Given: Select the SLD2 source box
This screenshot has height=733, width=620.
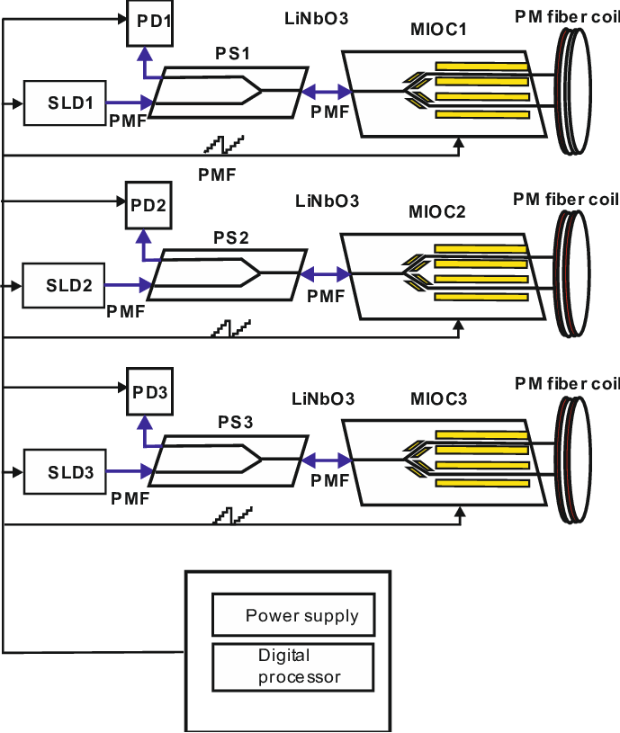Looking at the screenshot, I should tap(64, 286).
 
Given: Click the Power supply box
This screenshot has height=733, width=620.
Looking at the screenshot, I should tap(292, 616).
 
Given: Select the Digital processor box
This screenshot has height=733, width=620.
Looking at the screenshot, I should tap(292, 666).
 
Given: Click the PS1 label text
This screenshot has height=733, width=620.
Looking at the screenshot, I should tap(231, 54).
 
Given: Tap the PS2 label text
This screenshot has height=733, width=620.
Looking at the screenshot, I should tap(231, 238).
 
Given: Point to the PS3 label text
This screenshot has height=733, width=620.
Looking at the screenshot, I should tap(231, 422).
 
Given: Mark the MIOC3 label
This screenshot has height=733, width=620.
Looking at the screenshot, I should tap(438, 398).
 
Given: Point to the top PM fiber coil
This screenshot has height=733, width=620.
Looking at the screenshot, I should tap(575, 92).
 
